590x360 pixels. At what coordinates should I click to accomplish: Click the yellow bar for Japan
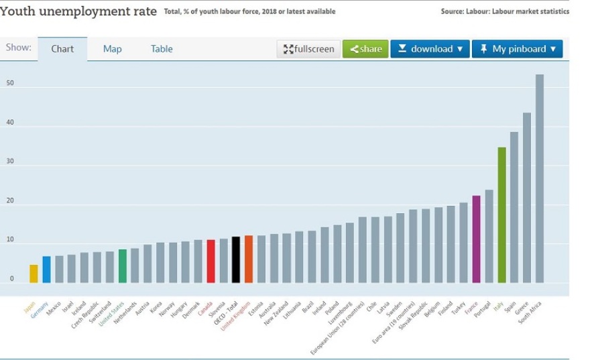(34, 274)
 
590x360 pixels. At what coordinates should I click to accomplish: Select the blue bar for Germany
(46, 269)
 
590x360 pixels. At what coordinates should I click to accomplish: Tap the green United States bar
(123, 266)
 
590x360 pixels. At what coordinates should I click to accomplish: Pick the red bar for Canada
(211, 261)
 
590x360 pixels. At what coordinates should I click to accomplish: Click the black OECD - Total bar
(236, 259)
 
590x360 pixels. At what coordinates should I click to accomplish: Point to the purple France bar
(476, 239)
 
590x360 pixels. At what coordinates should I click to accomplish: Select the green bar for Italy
(501, 215)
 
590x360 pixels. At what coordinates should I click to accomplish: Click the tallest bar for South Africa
(539, 178)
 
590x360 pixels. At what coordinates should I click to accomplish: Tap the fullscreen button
(308, 49)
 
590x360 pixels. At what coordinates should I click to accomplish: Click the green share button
(365, 49)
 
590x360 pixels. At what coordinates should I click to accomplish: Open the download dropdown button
(430, 49)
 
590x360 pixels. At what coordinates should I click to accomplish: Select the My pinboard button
(517, 49)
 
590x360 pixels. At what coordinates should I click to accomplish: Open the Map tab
(113, 49)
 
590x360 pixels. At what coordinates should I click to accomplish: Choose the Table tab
(162, 49)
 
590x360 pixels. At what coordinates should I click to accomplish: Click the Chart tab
(62, 49)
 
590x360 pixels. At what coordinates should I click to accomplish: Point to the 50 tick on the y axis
(10, 84)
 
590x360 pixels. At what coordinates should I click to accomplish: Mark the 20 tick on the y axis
(10, 201)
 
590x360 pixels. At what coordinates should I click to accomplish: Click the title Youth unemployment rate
(78, 11)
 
